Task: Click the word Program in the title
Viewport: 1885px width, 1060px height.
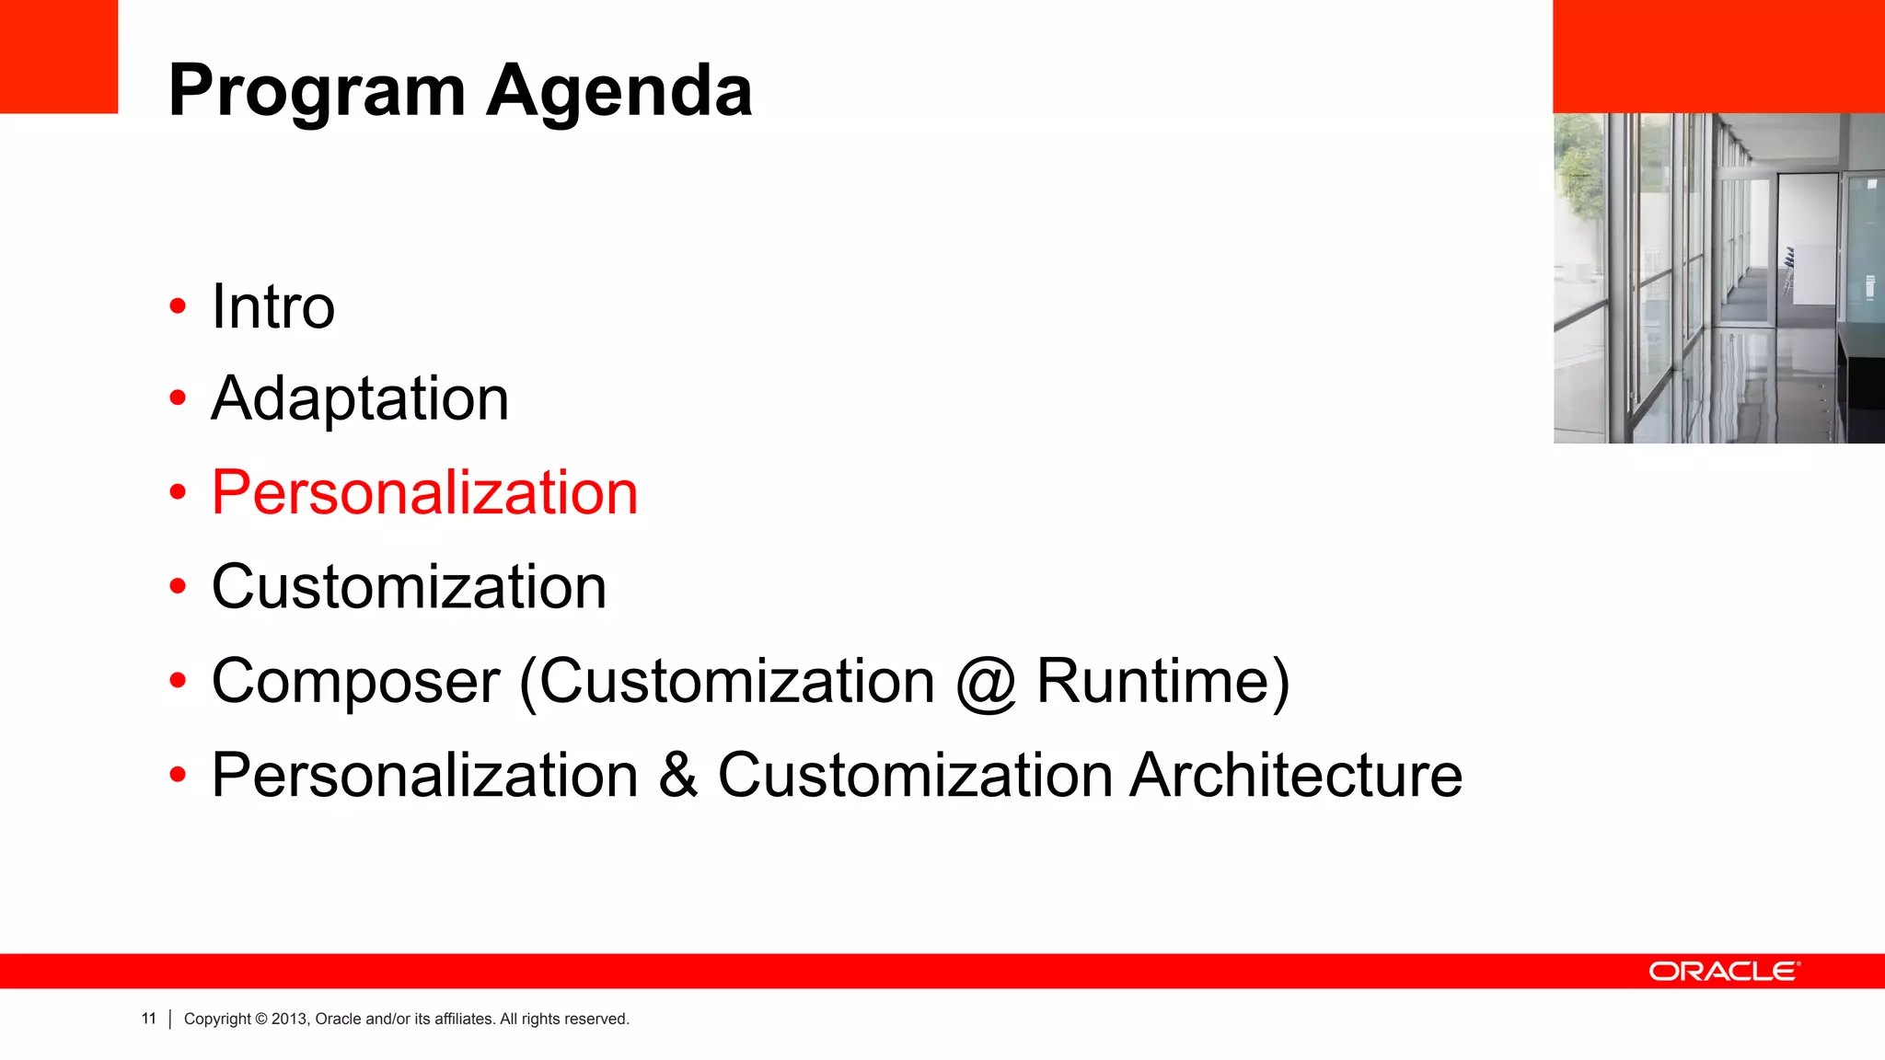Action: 317,92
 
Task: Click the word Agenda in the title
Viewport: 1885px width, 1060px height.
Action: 619,92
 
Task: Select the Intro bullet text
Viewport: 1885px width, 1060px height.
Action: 273,306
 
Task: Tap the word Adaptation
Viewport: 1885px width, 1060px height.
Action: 360,399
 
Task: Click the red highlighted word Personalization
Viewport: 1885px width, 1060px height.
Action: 424,493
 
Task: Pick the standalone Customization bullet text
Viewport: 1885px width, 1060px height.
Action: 409,587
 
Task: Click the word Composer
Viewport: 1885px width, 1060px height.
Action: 356,682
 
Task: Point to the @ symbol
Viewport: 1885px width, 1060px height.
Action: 986,684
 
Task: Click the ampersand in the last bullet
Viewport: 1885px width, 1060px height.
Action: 678,776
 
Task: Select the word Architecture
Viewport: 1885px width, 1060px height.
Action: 1296,776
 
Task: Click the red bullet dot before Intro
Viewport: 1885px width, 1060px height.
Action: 178,306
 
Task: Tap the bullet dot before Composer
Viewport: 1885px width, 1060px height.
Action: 178,681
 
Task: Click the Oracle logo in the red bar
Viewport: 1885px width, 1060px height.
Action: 1724,972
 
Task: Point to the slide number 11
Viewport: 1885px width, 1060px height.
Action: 149,1019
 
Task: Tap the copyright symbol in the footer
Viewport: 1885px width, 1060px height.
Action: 261,1020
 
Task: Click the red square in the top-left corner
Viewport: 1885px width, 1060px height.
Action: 59,56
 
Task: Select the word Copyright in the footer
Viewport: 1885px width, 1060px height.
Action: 217,1020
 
